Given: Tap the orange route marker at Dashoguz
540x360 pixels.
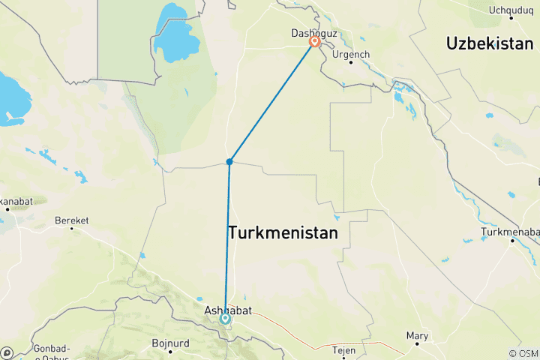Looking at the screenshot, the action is [x=315, y=43].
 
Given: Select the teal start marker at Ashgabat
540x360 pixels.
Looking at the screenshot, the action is [x=225, y=318].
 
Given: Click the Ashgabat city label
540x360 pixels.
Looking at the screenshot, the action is [x=226, y=308].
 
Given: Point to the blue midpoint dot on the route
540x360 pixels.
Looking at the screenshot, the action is [x=229, y=161].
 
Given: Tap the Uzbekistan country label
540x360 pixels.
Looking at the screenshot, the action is [x=489, y=43].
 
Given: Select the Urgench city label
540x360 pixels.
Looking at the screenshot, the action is [x=351, y=55].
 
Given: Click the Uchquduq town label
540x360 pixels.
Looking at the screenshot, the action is [x=509, y=10].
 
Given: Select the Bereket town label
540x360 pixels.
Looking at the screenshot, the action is [x=72, y=220].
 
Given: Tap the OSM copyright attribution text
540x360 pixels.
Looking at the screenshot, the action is [x=523, y=353].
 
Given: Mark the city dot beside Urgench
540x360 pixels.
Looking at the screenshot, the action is [x=351, y=62].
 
